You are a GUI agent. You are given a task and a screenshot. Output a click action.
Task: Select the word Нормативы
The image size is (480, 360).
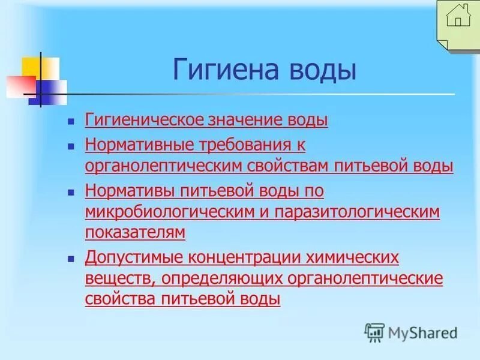[x=130, y=191]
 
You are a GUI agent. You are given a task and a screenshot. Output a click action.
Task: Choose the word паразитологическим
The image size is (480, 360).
[x=358, y=212]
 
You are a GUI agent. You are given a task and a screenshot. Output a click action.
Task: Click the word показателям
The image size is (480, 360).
[x=135, y=232]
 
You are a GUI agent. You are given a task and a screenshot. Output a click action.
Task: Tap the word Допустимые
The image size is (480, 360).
[x=134, y=258]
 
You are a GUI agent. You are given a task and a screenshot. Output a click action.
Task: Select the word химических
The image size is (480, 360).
[x=356, y=258]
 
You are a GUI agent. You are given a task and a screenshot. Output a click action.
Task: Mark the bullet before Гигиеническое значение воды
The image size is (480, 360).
[x=71, y=121]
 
